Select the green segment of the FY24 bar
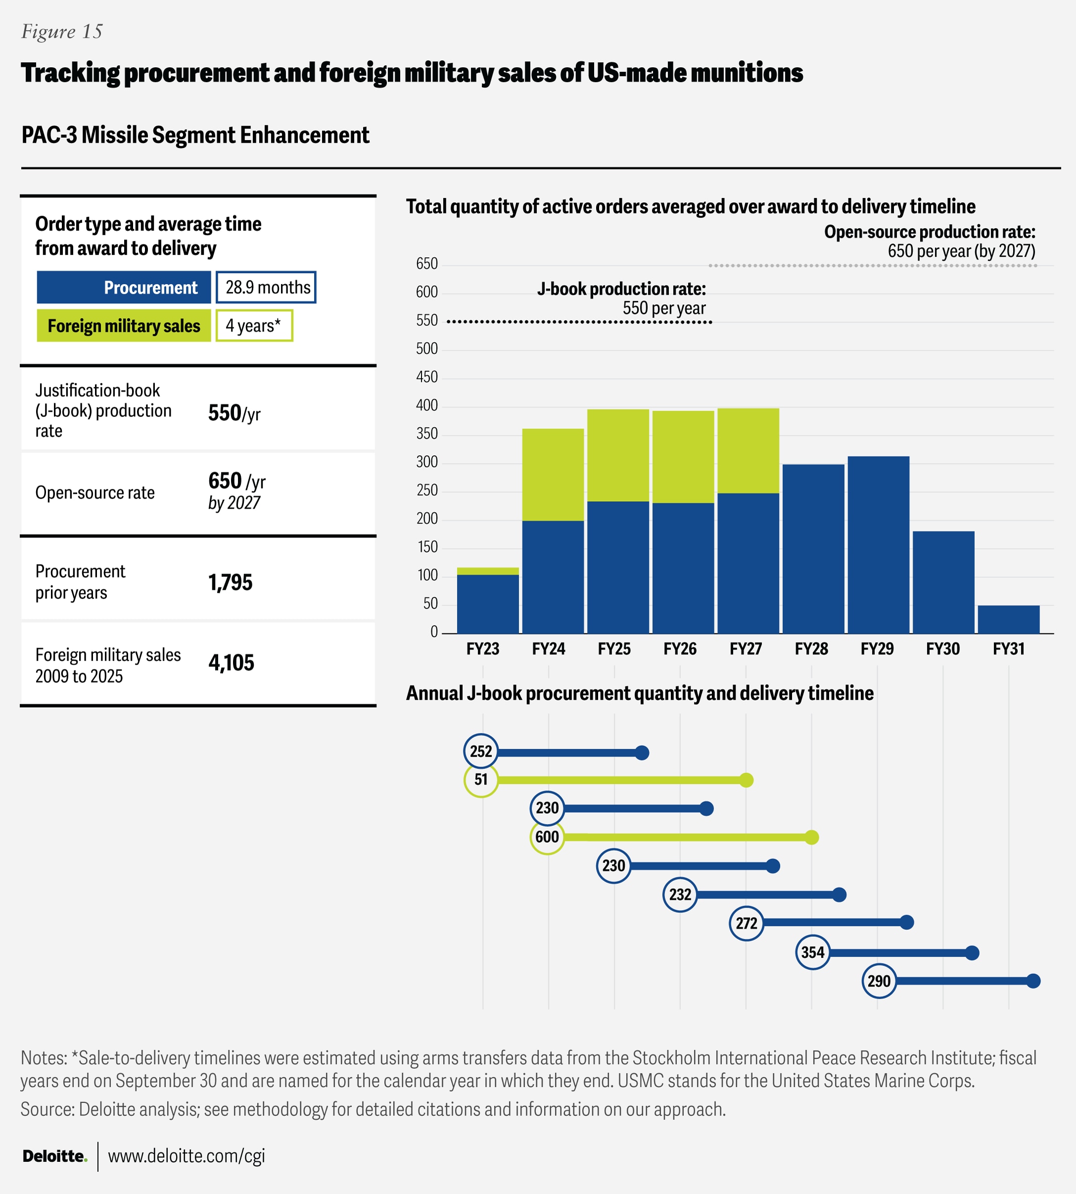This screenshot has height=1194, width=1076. tap(553, 475)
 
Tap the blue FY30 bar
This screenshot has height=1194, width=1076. tap(943, 582)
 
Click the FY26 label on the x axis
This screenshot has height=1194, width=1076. tap(680, 649)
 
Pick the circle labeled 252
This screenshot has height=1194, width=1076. tap(481, 751)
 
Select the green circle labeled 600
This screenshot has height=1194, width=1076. tap(547, 836)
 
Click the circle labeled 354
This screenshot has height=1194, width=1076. tap(812, 952)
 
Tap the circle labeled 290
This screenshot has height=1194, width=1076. tap(879, 981)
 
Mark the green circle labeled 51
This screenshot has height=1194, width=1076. tap(481, 779)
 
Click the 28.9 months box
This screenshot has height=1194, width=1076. tap(266, 287)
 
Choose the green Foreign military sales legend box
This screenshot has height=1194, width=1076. tap(124, 326)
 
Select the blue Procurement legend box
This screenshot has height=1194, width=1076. tap(124, 287)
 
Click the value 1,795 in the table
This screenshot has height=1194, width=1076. tap(230, 582)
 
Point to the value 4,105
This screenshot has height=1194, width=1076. tap(231, 663)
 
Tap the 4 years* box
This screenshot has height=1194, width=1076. tap(254, 326)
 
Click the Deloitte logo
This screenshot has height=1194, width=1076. tap(55, 1156)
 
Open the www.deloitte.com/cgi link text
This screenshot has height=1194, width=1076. tap(186, 1156)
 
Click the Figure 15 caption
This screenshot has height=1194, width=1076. tap(61, 31)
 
